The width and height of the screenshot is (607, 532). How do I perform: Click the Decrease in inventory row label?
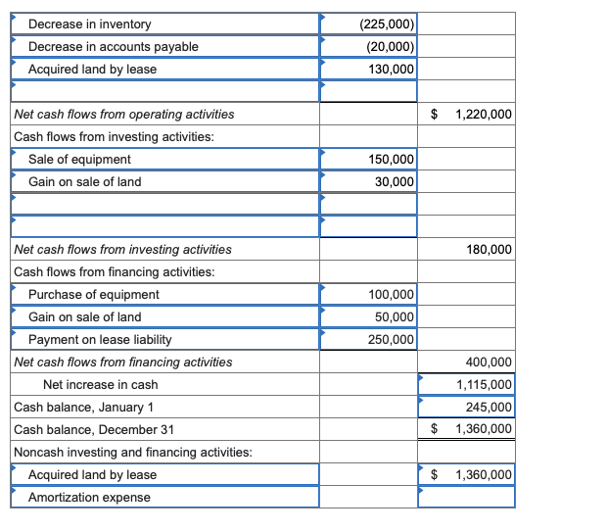tap(90, 24)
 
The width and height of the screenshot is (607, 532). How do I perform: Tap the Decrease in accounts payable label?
tap(113, 46)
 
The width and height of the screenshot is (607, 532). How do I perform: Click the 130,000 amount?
tap(391, 69)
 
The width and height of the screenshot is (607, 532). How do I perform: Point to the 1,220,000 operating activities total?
tap(484, 115)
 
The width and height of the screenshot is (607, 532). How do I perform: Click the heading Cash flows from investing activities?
tap(115, 137)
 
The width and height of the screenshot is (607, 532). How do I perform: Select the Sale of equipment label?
tap(79, 160)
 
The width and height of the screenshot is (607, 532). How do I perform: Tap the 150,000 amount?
tap(391, 160)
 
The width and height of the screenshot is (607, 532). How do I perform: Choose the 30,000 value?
tap(395, 182)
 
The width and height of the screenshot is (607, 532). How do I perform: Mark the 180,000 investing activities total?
tap(488, 250)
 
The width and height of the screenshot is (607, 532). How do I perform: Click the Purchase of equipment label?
tap(94, 295)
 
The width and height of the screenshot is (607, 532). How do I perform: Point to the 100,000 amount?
tap(391, 295)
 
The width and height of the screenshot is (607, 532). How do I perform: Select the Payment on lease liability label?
tap(100, 340)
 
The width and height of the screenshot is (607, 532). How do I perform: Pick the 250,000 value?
tap(391, 340)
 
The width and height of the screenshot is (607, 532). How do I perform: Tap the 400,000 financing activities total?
tap(488, 363)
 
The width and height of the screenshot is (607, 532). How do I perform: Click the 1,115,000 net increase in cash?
tap(484, 385)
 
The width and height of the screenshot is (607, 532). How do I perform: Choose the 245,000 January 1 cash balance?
tap(488, 408)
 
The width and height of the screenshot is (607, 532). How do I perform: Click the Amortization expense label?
tap(89, 498)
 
